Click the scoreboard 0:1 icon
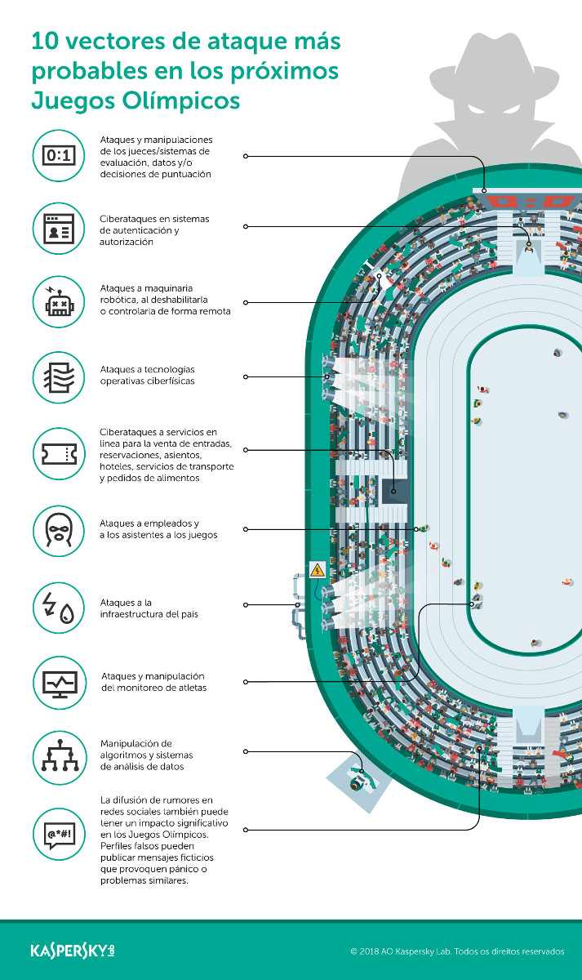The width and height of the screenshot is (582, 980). click(x=59, y=155)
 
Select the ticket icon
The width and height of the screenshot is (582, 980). click(x=59, y=452)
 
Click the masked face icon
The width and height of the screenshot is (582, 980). click(x=59, y=530)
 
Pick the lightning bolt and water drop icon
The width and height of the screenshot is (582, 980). click(x=59, y=607)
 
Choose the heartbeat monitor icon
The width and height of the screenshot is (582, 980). click(x=59, y=680)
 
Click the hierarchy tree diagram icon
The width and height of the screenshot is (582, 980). click(x=59, y=756)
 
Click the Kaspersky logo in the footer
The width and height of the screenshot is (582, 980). click(x=73, y=951)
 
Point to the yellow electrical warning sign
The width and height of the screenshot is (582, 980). click(x=318, y=569)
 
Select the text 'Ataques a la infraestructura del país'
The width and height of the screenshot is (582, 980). click(x=149, y=608)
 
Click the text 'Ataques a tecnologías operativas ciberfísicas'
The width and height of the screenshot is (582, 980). click(x=147, y=376)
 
